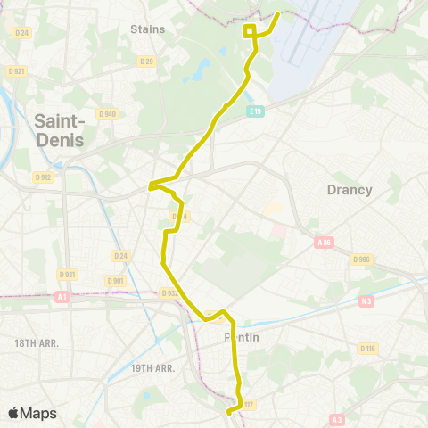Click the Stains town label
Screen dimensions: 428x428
[x=148, y=29]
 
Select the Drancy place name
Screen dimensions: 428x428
[x=349, y=189]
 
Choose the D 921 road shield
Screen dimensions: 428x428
[x=15, y=70]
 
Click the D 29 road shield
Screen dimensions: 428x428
[x=147, y=62]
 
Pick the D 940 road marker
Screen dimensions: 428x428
[x=108, y=113]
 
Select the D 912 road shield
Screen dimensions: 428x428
[x=43, y=177]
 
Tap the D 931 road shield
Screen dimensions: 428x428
[x=66, y=274]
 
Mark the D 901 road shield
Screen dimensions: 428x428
[x=115, y=281]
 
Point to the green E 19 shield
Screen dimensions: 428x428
[x=256, y=111]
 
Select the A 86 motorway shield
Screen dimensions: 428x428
[x=323, y=242]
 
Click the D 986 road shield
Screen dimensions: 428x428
[x=360, y=259]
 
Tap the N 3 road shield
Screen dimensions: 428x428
[x=366, y=301]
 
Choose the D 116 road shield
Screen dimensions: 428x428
[x=366, y=348]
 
